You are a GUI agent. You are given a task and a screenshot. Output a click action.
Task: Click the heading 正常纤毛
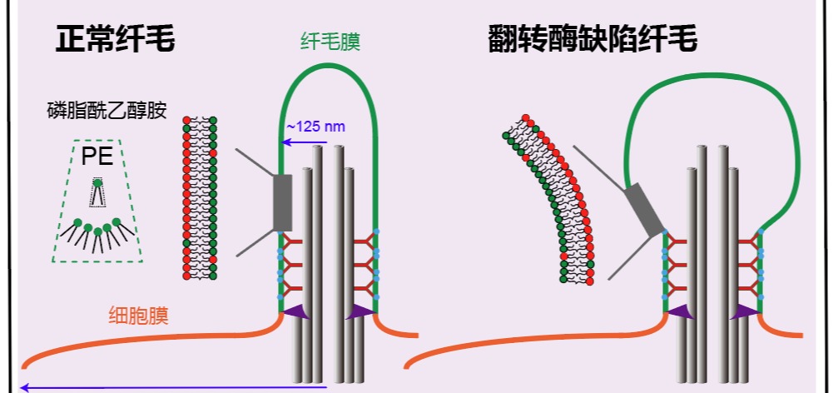(x=116, y=39)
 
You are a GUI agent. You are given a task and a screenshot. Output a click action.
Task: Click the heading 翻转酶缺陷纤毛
(x=592, y=39)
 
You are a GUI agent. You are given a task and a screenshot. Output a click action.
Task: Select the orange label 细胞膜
(x=138, y=316)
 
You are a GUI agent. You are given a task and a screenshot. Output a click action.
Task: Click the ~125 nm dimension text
(x=315, y=127)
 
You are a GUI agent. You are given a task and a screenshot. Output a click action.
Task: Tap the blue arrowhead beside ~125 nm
(x=285, y=142)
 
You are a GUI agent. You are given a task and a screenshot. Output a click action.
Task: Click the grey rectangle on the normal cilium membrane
(x=283, y=202)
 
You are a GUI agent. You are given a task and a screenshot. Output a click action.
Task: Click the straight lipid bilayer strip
(x=200, y=197)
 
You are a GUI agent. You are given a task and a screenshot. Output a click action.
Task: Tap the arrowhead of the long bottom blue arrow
(x=25, y=387)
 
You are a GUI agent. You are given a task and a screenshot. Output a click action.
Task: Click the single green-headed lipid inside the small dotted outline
(x=98, y=184)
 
